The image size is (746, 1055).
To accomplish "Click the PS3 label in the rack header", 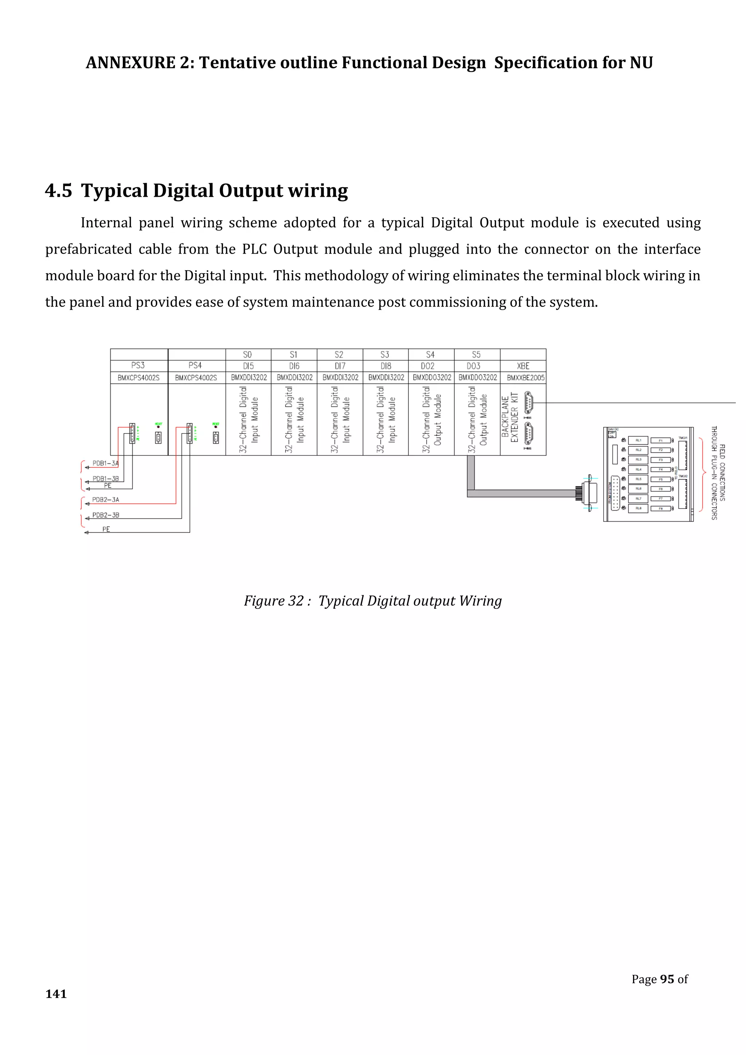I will [x=138, y=365].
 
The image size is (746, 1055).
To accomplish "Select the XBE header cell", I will [x=523, y=366].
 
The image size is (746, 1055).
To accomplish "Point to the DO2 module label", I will [x=428, y=366].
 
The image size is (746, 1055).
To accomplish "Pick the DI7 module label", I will [x=340, y=366].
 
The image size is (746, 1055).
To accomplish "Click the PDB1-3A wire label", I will [x=105, y=463].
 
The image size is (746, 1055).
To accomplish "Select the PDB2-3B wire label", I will [x=106, y=515].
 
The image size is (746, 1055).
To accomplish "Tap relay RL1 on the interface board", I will [x=638, y=440].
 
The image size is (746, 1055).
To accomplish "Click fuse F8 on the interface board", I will [x=661, y=509].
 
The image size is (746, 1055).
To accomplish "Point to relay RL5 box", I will [x=638, y=479].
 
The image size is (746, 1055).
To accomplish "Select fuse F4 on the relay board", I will [x=661, y=470].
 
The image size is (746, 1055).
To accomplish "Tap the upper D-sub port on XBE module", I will [x=528, y=403].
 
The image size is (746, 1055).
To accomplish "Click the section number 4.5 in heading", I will [x=58, y=191].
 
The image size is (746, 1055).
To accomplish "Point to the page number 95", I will [x=667, y=979].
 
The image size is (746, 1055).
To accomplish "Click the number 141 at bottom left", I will [x=56, y=994].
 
